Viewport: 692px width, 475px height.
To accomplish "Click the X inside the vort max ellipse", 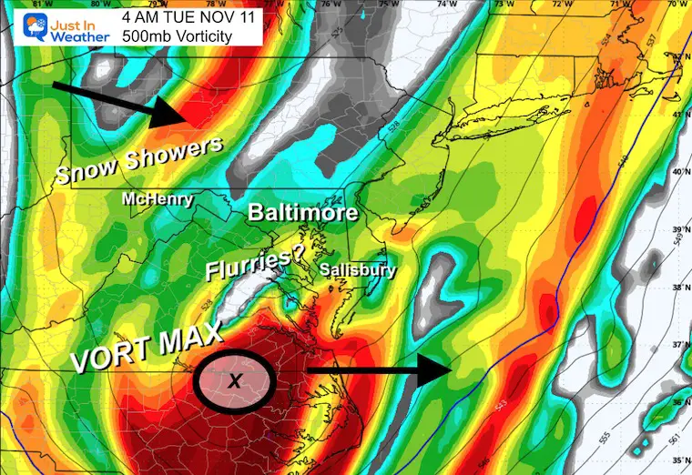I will coord(234,381).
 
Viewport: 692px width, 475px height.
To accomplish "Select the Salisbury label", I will coord(357,270).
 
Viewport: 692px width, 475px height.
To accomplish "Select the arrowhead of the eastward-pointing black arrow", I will coord(441,371).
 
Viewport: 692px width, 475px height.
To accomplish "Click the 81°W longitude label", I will coord(36,5).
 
